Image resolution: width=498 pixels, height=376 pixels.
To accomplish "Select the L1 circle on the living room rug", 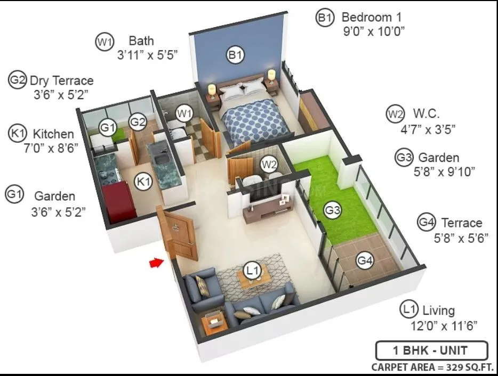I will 252,271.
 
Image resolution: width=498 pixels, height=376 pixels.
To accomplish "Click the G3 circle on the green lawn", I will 333,210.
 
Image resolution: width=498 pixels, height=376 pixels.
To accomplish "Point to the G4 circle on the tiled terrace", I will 365,260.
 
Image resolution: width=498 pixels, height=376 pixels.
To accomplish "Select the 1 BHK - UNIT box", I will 431,350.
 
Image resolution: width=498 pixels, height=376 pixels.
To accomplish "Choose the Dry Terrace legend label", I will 61,81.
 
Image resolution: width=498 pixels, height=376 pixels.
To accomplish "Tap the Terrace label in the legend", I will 461,223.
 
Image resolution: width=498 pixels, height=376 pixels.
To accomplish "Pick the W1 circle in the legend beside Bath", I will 105,42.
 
